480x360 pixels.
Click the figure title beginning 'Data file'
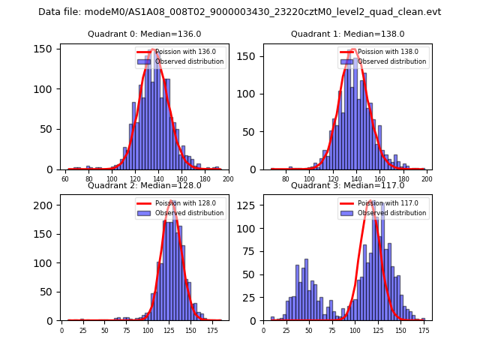click(239, 12)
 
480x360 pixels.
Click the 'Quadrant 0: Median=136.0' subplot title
click(145, 34)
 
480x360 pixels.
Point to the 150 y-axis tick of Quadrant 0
click(46, 49)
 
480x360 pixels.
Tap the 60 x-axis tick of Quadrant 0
click(66, 179)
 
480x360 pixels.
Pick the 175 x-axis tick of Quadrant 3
click(424, 331)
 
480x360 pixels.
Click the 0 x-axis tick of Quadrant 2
click(62, 331)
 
